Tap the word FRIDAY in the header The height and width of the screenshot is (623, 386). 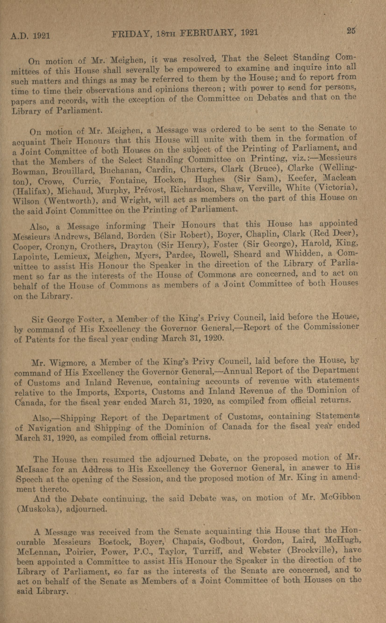[x=131, y=33]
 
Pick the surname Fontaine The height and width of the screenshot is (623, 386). [x=129, y=180]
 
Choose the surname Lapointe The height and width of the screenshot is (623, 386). [x=28, y=256]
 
